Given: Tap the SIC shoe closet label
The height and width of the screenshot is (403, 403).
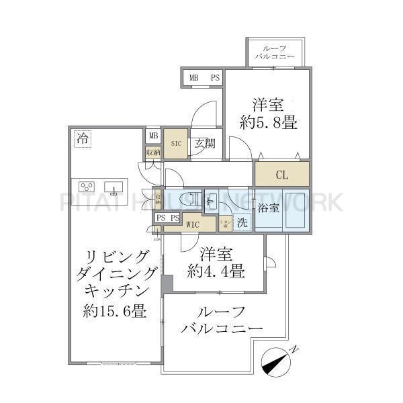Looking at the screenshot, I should pos(175,142).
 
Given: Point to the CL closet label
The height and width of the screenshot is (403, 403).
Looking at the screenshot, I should pos(281,175).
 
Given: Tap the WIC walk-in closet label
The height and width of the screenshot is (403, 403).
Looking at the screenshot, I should pos(193,224).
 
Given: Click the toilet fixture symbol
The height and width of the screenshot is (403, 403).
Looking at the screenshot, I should pos(192,198).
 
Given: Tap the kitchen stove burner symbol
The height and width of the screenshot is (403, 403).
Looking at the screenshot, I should pos(87,186).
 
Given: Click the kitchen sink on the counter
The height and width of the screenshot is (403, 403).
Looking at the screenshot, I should pos(109,186).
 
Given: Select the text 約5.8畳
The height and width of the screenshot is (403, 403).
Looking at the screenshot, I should pos(269,123).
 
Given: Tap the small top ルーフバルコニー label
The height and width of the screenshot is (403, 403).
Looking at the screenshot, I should pos(276,53).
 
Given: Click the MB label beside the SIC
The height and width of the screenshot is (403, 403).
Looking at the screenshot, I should pos(153,136).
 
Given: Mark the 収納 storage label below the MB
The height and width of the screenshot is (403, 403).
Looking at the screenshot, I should pos(153,152).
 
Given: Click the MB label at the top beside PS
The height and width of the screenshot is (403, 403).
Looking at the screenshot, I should pos(193,78).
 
